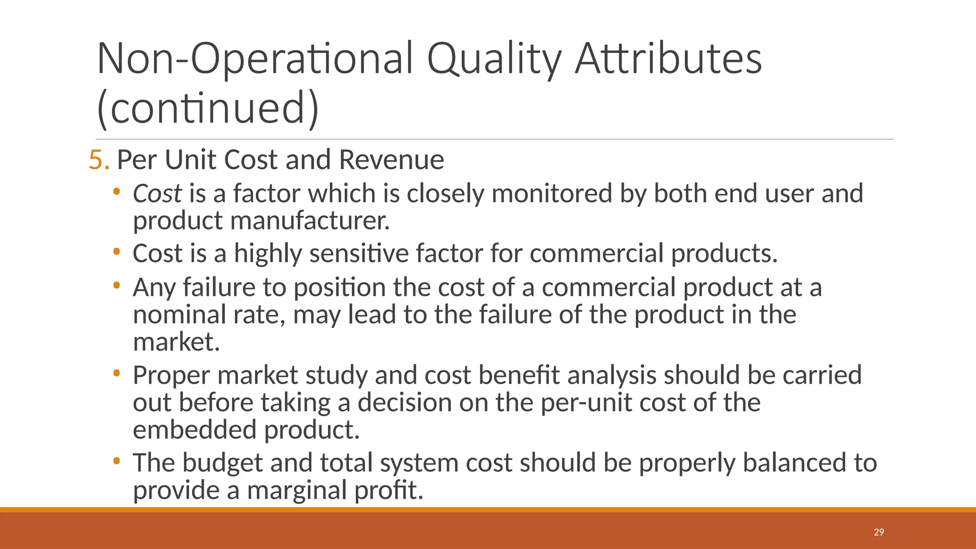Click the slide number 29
point(879,532)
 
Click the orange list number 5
point(99,160)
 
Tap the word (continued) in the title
point(207,108)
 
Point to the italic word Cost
point(157,194)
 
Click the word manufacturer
point(310,221)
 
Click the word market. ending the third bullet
point(176,343)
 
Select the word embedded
point(194,430)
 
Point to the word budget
point(222,463)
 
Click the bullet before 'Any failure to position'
point(116,286)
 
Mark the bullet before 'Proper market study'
point(116,374)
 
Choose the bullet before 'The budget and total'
point(116,461)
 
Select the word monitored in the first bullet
point(551,194)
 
